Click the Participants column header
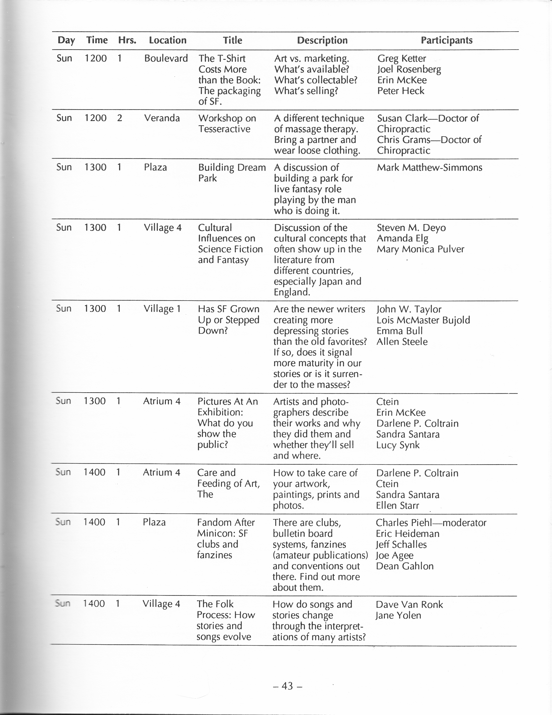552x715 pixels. (446, 40)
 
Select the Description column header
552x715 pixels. (322, 40)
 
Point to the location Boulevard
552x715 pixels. (166, 58)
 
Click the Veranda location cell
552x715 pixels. (162, 118)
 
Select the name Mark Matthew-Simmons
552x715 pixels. (429, 168)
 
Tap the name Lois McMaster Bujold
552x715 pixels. (423, 320)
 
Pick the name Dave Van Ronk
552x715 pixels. (409, 604)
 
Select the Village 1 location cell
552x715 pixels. (162, 309)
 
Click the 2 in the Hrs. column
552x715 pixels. (120, 118)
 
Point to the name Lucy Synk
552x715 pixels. (398, 445)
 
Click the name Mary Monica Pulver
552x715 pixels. (420, 249)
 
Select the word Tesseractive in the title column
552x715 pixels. (224, 129)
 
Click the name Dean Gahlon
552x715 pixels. (405, 566)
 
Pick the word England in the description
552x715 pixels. (291, 292)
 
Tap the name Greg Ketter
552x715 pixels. (401, 58)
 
